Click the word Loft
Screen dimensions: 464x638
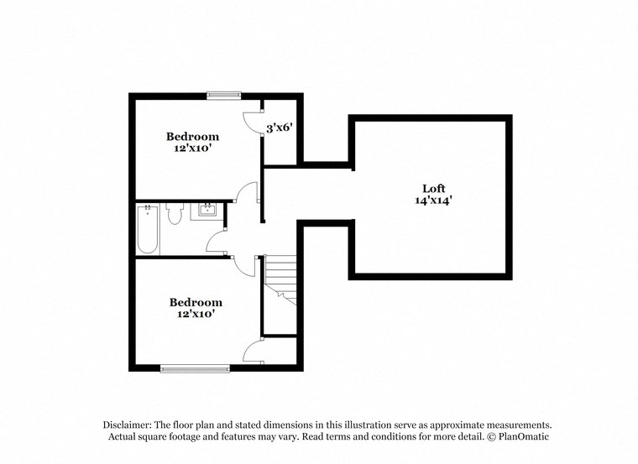(x=433, y=188)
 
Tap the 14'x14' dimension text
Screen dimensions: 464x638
(x=433, y=201)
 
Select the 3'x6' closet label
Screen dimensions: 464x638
(x=279, y=128)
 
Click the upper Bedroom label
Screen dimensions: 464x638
(x=192, y=136)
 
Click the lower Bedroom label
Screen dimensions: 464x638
(x=196, y=302)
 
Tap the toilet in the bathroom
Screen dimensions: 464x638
(x=175, y=215)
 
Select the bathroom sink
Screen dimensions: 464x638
(x=207, y=211)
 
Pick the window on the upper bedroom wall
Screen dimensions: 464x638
(x=224, y=95)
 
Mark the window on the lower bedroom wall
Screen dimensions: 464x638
(x=195, y=367)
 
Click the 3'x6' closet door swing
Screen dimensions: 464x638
(x=251, y=122)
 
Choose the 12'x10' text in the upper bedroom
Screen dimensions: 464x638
(x=192, y=149)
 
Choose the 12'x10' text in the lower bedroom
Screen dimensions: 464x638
(x=196, y=315)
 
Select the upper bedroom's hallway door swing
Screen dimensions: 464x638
(x=246, y=194)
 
